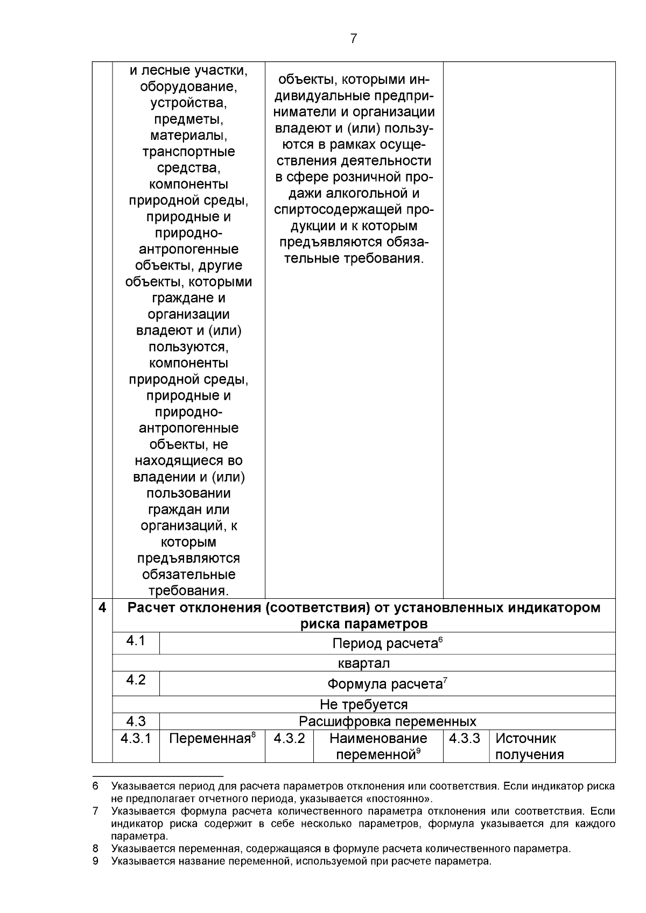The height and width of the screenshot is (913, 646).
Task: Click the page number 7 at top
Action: pyautogui.click(x=353, y=39)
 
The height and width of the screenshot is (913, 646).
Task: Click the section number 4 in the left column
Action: pyautogui.click(x=102, y=608)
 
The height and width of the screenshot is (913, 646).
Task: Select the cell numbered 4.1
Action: pyautogui.click(x=136, y=641)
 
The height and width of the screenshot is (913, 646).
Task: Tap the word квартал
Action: pyautogui.click(x=364, y=663)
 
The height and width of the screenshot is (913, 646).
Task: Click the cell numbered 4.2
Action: pyautogui.click(x=136, y=680)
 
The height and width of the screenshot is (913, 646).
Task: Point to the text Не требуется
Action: pyautogui.click(x=364, y=704)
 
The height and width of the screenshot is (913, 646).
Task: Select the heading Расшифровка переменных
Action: pyautogui.click(x=388, y=721)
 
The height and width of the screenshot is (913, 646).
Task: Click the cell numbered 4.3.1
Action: pyautogui.click(x=136, y=738)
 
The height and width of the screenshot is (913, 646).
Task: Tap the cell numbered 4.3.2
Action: pyautogui.click(x=289, y=738)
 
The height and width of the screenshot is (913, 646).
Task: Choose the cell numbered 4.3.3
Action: pyautogui.click(x=465, y=738)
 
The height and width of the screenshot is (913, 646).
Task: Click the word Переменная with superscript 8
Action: pyautogui.click(x=210, y=739)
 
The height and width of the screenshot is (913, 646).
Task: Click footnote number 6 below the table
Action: pyautogui.click(x=95, y=787)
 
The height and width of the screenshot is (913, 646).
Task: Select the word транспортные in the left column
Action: pyautogui.click(x=188, y=152)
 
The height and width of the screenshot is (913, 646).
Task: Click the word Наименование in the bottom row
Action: pyautogui.click(x=378, y=739)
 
